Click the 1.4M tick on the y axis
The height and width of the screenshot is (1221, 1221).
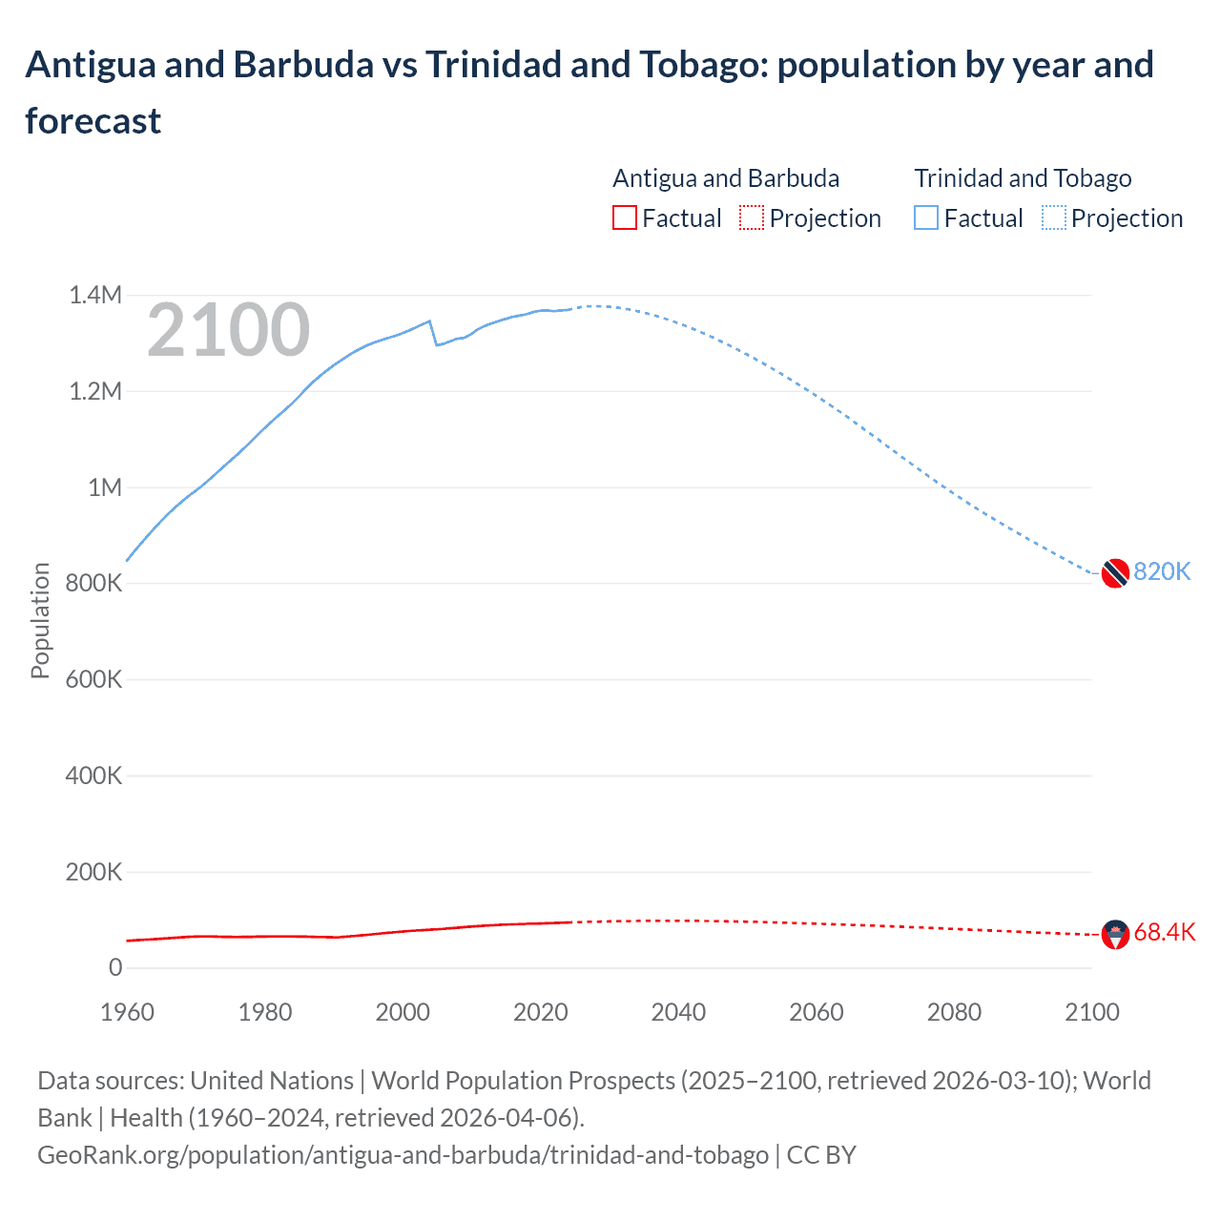click(95, 295)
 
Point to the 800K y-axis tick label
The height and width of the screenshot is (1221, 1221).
click(93, 583)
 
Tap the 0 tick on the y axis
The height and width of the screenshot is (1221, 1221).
click(115, 967)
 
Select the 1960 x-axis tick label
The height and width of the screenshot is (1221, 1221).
click(127, 1012)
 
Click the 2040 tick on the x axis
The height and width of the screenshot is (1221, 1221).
click(678, 1012)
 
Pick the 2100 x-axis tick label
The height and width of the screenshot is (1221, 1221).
click(1091, 1012)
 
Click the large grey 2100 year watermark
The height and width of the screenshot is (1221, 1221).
click(228, 330)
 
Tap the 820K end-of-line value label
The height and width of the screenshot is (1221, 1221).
click(1162, 571)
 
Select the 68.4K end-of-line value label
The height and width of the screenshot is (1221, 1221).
click(1164, 933)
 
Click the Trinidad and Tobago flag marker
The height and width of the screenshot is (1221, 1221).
click(1115, 573)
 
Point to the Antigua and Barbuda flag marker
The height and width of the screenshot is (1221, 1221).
click(1115, 934)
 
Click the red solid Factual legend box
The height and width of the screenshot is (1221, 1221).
click(624, 218)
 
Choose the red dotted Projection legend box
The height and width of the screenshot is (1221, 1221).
click(752, 218)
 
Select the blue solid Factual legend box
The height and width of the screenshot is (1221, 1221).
click(926, 218)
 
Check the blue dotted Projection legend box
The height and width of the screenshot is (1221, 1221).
click(1054, 218)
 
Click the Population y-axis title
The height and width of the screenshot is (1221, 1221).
click(40, 620)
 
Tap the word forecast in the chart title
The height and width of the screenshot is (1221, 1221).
click(93, 121)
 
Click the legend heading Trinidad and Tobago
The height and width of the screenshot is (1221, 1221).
click(1023, 178)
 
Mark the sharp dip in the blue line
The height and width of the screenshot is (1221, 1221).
click(436, 343)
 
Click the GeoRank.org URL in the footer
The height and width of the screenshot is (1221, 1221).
click(403, 1155)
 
